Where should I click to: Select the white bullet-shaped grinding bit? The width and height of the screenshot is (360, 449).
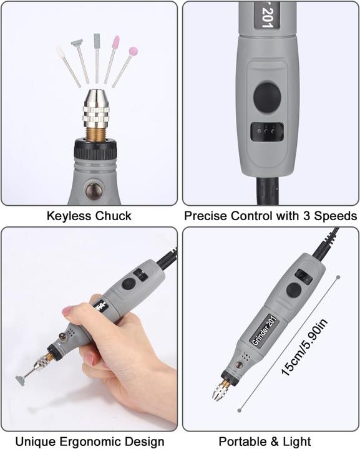click(60, 52)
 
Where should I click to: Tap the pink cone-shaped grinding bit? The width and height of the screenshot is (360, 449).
click(115, 42)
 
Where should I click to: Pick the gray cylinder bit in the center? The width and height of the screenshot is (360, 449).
click(97, 41)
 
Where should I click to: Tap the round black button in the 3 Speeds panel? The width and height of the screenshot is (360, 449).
click(267, 97)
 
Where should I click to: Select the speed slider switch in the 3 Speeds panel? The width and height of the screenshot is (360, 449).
click(267, 132)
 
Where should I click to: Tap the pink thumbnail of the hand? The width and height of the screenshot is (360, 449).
click(67, 311)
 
